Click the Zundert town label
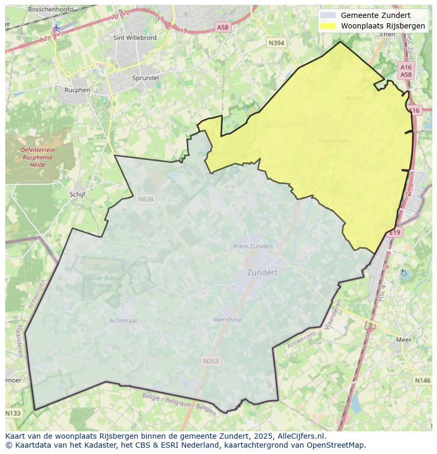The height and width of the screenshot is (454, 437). point(262,273)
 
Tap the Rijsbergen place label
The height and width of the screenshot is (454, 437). point(334,141)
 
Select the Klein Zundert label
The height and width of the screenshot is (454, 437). point(253,246)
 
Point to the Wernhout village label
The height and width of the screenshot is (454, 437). point(227,320)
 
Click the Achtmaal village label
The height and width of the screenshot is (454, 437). point(123,320)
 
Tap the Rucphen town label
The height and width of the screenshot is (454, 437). point(77,90)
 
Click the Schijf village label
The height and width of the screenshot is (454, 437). point(77,194)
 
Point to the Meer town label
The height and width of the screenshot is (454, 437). point(403,340)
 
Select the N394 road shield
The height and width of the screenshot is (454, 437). point(276,43)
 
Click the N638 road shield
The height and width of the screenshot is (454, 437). point(145,199)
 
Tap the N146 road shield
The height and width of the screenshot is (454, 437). point(422,380)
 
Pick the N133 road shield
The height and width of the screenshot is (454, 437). point(14,413)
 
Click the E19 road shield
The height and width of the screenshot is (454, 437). point(396,233)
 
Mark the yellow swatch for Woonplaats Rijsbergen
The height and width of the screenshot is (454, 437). point(328,26)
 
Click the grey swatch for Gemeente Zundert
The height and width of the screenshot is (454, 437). point(328,15)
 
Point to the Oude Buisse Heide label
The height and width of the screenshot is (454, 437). point(105,281)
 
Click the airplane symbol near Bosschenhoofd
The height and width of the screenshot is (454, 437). point(56,27)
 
